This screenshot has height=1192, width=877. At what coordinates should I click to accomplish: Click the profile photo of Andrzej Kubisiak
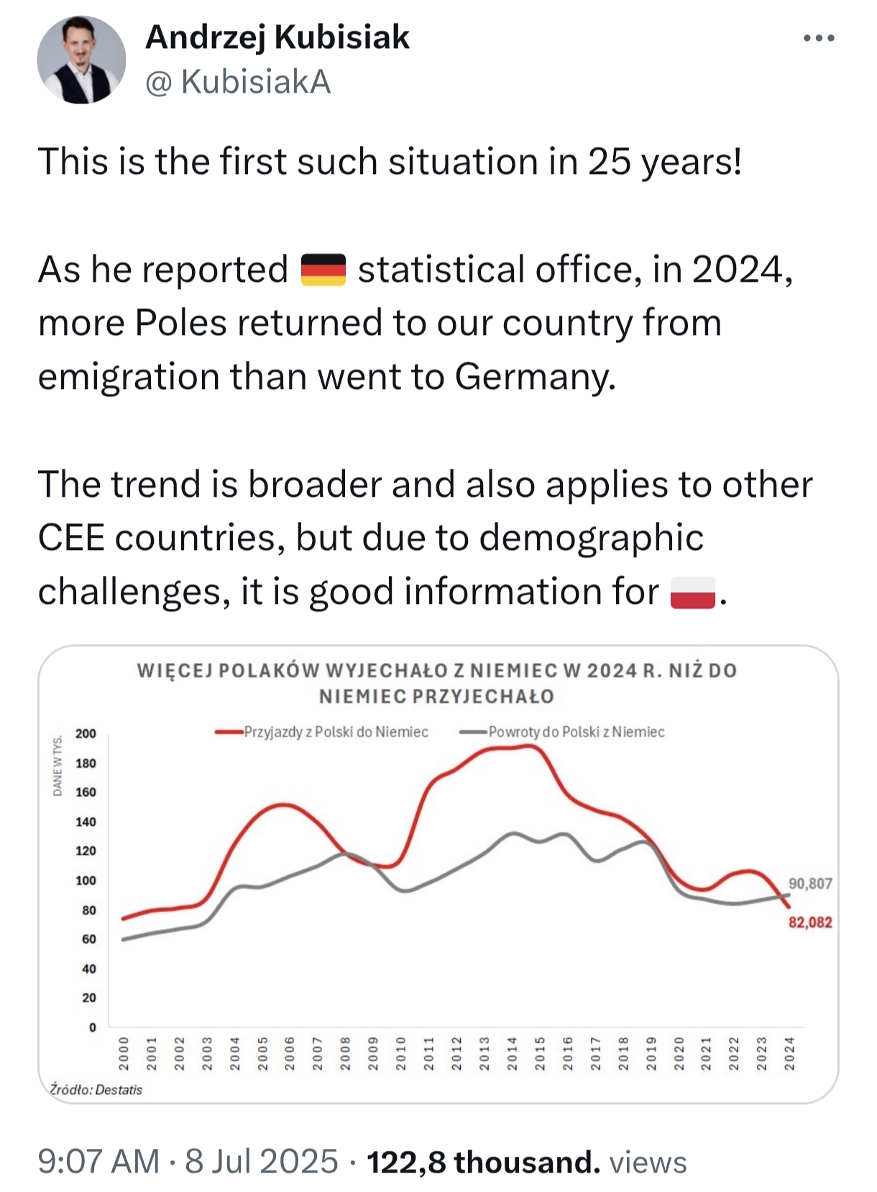(81, 60)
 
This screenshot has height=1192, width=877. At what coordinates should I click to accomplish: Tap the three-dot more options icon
(819, 38)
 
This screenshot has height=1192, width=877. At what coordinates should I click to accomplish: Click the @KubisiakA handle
(238, 82)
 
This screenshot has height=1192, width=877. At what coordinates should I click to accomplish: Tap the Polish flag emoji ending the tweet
(692, 592)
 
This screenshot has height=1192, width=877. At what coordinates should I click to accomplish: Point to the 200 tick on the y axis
(86, 733)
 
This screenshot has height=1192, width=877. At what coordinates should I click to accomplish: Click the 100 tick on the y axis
(86, 881)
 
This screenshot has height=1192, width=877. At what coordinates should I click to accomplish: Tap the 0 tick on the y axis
(92, 1027)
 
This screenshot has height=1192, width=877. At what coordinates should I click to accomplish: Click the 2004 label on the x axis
(235, 1053)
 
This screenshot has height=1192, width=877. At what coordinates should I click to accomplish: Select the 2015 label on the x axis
(540, 1053)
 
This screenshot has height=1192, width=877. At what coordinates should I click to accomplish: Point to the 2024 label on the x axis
(789, 1053)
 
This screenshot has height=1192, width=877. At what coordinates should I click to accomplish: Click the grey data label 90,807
(810, 884)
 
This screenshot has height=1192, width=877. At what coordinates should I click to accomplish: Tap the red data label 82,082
(810, 922)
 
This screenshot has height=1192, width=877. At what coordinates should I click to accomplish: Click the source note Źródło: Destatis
(96, 1090)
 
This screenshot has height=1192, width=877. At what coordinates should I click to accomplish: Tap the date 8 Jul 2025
(261, 1161)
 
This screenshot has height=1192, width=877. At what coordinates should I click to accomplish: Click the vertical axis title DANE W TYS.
(57, 765)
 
